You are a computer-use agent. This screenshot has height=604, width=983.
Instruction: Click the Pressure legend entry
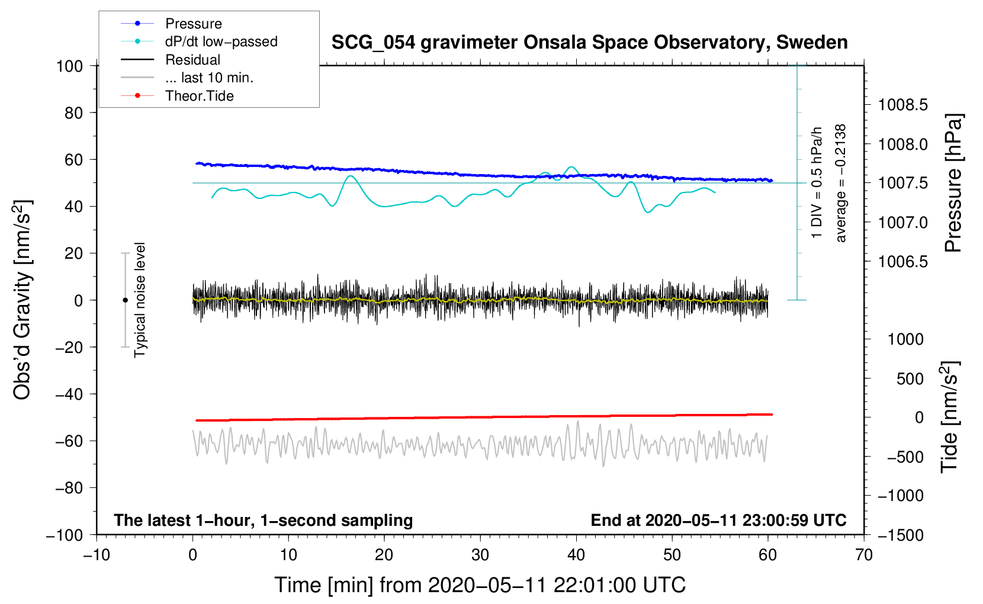(193, 24)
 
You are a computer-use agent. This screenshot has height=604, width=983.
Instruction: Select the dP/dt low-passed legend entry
(221, 41)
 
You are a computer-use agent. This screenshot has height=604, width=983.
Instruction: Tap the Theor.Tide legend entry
(199, 96)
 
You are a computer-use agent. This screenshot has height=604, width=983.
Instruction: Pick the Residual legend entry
(192, 60)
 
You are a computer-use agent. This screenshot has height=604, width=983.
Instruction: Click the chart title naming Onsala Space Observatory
(589, 43)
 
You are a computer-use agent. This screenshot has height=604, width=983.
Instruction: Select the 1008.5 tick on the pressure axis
(902, 105)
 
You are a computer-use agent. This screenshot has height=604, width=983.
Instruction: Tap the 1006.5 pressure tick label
(902, 262)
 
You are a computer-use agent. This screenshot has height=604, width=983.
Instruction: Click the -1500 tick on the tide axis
(900, 535)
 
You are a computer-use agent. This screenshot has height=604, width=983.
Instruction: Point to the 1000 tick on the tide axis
(905, 339)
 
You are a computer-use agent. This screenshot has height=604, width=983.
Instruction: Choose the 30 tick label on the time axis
(480, 555)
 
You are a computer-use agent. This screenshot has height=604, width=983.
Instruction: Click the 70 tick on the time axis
(864, 555)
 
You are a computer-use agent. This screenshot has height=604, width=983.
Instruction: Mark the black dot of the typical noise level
(125, 300)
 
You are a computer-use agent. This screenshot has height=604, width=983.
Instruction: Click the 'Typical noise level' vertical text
(140, 300)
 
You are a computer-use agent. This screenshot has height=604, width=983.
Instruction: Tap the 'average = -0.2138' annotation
(840, 184)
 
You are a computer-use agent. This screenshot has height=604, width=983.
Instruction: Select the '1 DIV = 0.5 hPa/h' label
(817, 182)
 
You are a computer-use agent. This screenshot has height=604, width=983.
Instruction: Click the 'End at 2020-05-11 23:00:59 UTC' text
(718, 521)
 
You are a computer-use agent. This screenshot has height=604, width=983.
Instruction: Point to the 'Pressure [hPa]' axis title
(953, 184)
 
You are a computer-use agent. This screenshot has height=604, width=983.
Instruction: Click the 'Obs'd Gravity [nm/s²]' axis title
(23, 300)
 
